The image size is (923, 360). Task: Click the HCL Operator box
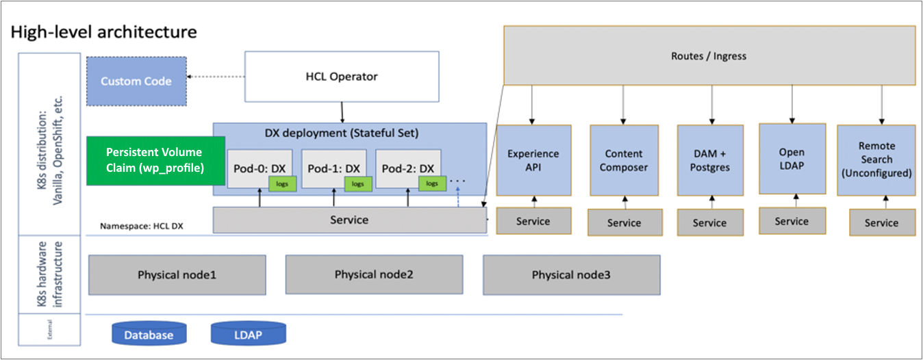click(340, 77)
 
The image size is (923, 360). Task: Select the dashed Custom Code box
click(136, 81)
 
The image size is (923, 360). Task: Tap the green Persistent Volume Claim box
click(155, 160)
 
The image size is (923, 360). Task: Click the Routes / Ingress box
click(709, 55)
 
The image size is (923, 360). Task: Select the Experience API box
click(533, 160)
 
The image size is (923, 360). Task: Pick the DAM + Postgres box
click(709, 160)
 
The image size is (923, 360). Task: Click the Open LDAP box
click(792, 159)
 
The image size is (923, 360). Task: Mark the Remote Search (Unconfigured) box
click(876, 159)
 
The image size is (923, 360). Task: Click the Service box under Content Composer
click(624, 222)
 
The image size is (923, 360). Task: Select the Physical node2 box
click(374, 274)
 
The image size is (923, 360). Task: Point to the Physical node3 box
click(571, 275)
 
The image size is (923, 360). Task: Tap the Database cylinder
click(149, 334)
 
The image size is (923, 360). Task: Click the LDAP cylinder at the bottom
click(248, 334)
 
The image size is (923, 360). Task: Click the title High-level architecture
click(104, 31)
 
